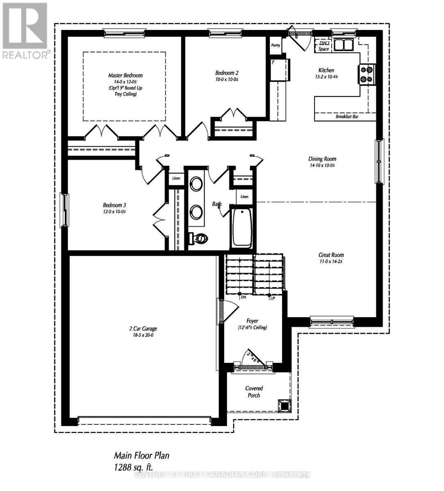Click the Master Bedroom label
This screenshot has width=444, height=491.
tap(125, 75)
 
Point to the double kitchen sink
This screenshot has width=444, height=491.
tap(344, 44)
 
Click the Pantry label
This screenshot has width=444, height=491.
tap(276, 45)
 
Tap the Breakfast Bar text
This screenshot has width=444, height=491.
tap(347, 117)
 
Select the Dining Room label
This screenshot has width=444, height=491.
tap(322, 159)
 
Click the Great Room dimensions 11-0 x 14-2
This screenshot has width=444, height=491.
tap(330, 261)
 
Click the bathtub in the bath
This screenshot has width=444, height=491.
tap(242, 227)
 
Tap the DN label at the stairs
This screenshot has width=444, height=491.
tap(243, 297)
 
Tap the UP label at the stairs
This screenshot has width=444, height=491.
tap(272, 298)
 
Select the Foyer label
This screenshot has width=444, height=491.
tap(252, 321)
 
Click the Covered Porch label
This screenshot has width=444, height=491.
tap(254, 392)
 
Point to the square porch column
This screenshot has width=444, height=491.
tap(283, 406)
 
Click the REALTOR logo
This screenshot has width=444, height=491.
tap(25, 31)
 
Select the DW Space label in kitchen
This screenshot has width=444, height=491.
tap(323, 46)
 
